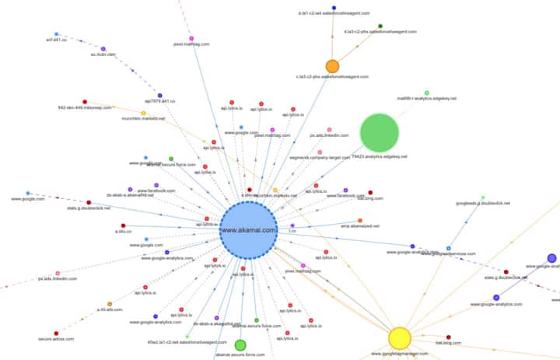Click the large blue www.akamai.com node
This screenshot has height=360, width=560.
pos(248,230)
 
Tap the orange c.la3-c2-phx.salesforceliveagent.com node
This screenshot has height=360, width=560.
pos(332,66)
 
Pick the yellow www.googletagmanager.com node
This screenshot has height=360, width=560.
pos(399,337)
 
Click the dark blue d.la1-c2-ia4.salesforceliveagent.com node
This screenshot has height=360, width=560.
pos(334,7)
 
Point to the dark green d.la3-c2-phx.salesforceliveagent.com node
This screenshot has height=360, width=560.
pos(380,26)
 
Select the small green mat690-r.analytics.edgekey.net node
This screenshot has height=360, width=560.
pos(426,93)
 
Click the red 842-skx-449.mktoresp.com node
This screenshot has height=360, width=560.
pos(85,101)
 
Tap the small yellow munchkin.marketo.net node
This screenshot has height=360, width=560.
pos(143,114)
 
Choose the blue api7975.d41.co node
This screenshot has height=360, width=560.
pos(160,95)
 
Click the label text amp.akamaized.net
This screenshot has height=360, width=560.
pos(359,226)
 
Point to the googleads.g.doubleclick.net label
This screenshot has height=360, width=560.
pos(483,203)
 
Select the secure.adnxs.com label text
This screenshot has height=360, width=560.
pos(55,339)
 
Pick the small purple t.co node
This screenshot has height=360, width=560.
pos(292,225)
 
